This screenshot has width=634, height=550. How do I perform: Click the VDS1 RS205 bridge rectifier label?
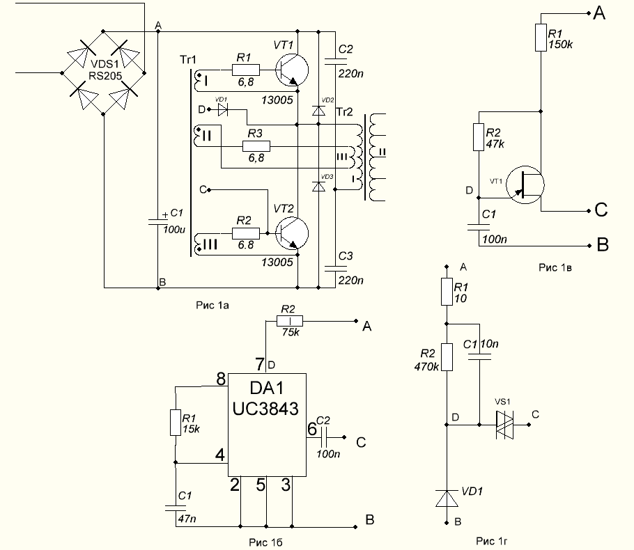click(105, 70)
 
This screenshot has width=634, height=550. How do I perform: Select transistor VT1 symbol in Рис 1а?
click(291, 70)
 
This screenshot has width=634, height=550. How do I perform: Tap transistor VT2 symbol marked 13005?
click(291, 233)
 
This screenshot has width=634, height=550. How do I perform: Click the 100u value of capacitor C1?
click(174, 230)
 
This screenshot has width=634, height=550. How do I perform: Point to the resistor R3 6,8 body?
click(256, 146)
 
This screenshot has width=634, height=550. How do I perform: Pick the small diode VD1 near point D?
click(223, 109)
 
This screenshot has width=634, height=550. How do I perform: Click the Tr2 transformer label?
click(344, 112)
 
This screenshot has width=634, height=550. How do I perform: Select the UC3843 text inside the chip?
click(265, 409)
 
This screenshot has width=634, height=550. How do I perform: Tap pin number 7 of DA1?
click(260, 364)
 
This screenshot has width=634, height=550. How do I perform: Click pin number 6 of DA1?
click(312, 429)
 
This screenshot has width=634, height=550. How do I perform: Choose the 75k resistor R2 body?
click(290, 321)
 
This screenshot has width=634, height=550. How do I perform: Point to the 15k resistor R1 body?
click(175, 423)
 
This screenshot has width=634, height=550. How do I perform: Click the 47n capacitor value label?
click(187, 519)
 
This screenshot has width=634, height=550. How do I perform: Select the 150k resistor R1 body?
click(541, 38)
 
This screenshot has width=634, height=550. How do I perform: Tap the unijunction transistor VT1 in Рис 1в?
click(525, 184)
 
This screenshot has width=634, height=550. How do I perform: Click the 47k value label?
click(495, 144)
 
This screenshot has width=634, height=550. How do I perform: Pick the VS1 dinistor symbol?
click(504, 425)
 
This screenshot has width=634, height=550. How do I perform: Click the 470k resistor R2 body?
click(447, 357)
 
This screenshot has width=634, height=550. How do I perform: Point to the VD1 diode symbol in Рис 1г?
click(447, 498)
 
